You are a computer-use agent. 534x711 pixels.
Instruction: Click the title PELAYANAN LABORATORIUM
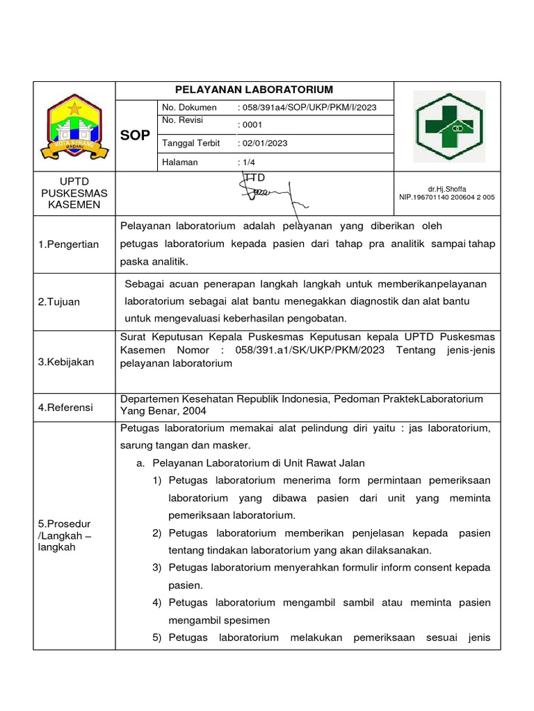click(254, 90)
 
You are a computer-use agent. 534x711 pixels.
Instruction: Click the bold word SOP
click(134, 135)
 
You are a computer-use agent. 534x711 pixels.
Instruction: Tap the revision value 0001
click(250, 125)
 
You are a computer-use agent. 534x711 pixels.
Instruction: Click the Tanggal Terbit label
click(191, 143)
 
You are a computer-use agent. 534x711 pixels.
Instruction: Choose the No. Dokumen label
click(189, 108)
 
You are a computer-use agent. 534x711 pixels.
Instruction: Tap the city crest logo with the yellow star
click(74, 127)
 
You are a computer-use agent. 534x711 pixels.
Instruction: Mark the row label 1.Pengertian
click(69, 244)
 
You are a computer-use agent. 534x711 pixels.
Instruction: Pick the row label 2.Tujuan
click(59, 302)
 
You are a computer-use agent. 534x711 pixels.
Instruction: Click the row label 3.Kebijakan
click(66, 362)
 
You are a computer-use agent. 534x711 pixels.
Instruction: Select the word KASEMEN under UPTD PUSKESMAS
click(74, 205)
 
